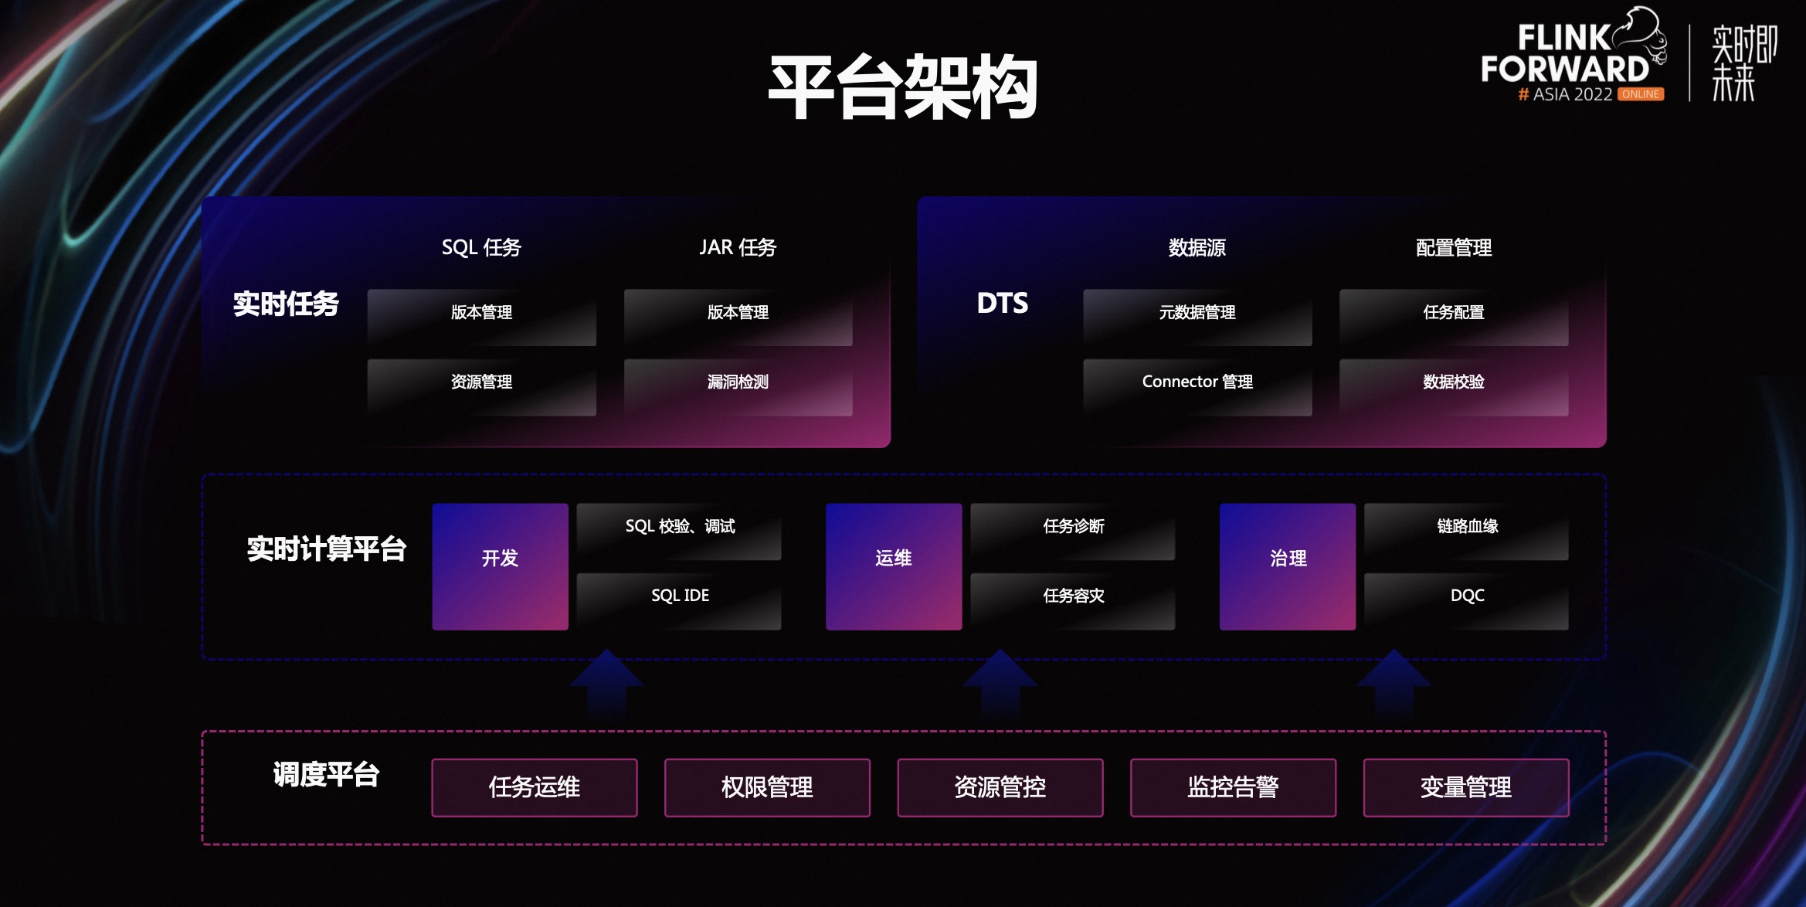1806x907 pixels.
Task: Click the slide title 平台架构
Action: coord(902,87)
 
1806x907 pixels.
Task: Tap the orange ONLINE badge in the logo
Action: coord(1640,94)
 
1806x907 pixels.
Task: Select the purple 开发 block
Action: coord(500,566)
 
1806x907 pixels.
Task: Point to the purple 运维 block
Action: coord(893,566)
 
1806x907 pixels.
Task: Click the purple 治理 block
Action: coord(1287,566)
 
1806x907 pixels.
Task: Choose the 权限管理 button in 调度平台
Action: coord(766,787)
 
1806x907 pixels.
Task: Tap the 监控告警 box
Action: coord(1232,787)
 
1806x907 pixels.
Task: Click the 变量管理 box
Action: coord(1465,787)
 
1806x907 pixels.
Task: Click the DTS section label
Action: coord(1002,303)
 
